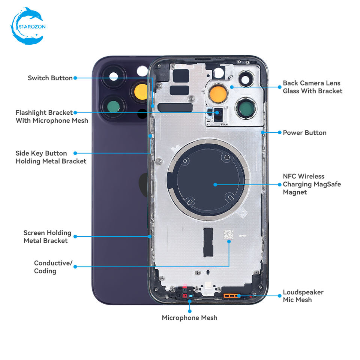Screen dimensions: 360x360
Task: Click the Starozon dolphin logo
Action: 28,26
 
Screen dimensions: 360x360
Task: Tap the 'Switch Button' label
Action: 50,78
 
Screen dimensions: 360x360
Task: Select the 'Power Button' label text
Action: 304,133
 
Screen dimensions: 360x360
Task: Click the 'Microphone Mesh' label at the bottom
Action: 189,318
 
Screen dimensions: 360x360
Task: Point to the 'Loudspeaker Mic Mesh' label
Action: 303,296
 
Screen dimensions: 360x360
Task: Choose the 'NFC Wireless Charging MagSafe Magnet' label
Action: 312,184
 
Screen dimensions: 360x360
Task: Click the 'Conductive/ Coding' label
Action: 53,267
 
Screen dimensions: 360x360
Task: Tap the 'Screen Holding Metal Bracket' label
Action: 47,237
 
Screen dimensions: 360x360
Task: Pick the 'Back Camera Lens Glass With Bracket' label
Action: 312,87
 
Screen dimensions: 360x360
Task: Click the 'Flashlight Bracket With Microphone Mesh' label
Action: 52,116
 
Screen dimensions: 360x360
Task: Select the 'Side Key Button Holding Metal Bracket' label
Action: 51,157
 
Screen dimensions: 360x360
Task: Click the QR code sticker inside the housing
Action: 228,235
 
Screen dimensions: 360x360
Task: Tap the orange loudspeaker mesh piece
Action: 232,296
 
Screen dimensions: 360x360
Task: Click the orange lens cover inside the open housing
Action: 218,94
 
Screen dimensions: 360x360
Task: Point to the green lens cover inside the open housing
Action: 246,108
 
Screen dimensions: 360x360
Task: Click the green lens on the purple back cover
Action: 113,107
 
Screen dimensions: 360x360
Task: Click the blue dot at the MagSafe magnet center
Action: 215,184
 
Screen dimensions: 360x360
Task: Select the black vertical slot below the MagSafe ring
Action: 208,243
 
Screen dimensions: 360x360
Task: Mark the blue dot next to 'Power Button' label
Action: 279,132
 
